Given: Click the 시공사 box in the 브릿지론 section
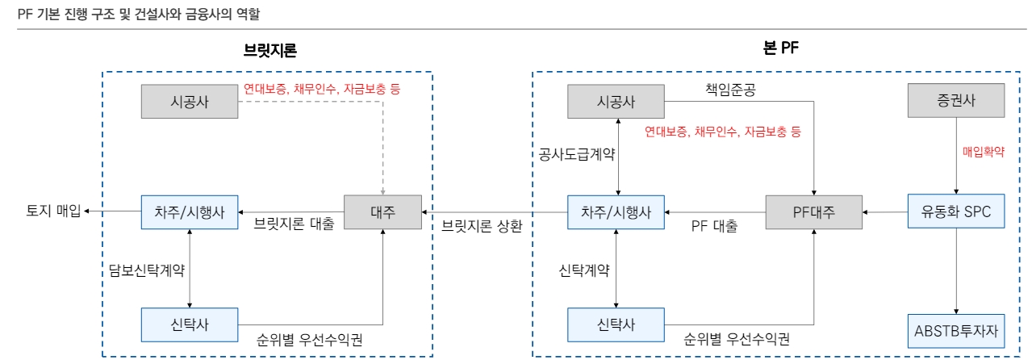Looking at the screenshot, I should pyautogui.click(x=190, y=103).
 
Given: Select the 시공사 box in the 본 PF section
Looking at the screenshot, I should pyautogui.click(x=616, y=103).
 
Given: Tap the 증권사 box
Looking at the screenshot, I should pyautogui.click(x=956, y=102).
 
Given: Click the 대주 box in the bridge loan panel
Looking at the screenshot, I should pyautogui.click(x=383, y=212).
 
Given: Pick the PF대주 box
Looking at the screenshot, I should pyautogui.click(x=813, y=212).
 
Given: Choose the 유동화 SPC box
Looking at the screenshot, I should pyautogui.click(x=956, y=212).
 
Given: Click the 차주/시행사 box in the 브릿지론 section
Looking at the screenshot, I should pyautogui.click(x=190, y=212).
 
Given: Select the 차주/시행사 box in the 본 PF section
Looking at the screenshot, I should pyautogui.click(x=616, y=212).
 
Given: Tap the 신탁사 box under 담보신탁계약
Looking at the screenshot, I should pyautogui.click(x=190, y=325).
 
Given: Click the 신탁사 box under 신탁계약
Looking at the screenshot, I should pyautogui.click(x=616, y=325).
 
